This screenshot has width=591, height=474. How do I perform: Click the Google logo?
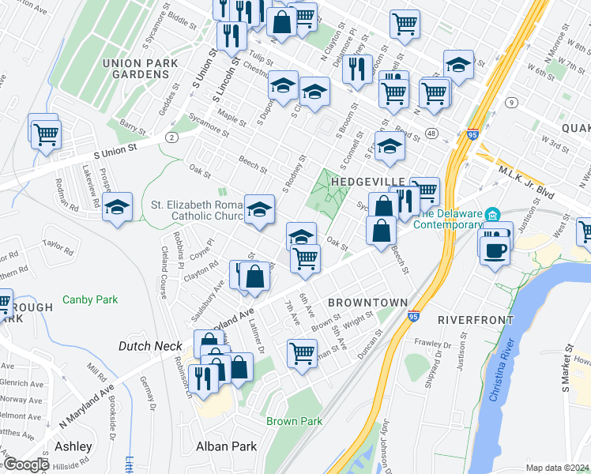[x=25, y=465]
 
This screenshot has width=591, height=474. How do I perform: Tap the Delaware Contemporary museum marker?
[x=492, y=215]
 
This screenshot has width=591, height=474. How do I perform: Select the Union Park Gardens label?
[x=136, y=68]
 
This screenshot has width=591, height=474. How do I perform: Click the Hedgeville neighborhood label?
[x=363, y=181]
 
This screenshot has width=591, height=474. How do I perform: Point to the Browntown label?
[x=367, y=303]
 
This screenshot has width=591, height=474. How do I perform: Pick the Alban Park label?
[x=228, y=446]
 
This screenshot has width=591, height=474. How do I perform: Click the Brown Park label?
[x=294, y=421]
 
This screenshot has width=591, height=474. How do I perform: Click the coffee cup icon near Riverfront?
[x=495, y=250]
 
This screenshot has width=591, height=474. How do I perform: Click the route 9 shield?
[x=512, y=103]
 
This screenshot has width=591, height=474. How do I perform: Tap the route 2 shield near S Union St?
[x=171, y=137]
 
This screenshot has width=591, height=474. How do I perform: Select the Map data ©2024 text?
[x=556, y=468]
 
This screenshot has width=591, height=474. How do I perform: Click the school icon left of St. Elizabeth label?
[x=118, y=207]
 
